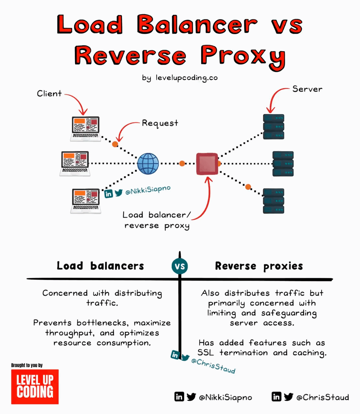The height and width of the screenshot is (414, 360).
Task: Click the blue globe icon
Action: (x=148, y=164)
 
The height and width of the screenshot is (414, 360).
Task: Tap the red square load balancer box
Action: (x=207, y=164)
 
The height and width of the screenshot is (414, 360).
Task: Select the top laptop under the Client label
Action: (x=85, y=129)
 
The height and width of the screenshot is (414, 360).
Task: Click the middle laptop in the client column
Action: (x=75, y=163)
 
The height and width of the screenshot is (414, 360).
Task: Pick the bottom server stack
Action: (x=274, y=201)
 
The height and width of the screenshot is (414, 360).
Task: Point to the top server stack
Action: (x=274, y=126)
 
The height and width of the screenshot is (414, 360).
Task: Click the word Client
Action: (x=49, y=94)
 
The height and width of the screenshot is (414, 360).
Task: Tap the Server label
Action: (x=307, y=89)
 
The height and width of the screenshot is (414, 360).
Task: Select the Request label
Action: (x=160, y=123)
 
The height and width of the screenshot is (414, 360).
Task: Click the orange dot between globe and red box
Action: (x=182, y=164)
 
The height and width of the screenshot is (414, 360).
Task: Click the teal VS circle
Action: (x=180, y=267)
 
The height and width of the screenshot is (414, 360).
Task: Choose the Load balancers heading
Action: (x=100, y=266)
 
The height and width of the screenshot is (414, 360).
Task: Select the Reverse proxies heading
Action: (x=259, y=266)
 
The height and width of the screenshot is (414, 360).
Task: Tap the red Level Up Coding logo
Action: (x=35, y=387)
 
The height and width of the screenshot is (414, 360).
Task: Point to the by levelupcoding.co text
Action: (x=180, y=78)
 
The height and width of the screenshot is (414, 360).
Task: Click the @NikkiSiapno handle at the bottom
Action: (x=225, y=397)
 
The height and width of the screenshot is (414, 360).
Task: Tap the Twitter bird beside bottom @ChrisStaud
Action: (x=288, y=397)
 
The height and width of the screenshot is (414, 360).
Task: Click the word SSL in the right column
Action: (x=206, y=353)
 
